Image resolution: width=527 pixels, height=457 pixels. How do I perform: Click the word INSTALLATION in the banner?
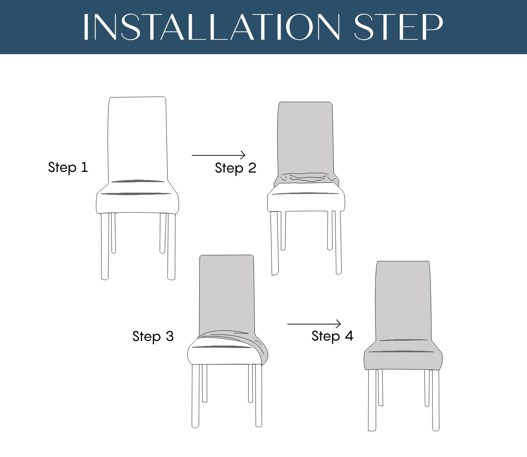(211, 27)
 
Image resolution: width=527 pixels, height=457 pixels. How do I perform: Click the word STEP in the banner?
(398, 27)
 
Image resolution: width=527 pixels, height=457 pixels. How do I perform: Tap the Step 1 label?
(68, 168)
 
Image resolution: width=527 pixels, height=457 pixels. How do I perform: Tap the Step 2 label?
(235, 168)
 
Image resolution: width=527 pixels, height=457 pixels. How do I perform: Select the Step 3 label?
(153, 336)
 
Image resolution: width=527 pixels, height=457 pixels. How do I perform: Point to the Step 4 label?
(332, 336)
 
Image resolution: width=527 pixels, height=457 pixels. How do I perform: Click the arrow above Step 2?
(219, 155)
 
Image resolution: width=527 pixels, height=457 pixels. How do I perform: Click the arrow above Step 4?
(314, 324)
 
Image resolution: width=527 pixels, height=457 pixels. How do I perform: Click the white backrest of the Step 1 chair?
(137, 139)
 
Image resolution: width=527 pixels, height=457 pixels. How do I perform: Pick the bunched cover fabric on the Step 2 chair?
(306, 179)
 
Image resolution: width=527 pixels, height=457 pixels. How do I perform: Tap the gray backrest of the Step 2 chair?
(305, 138)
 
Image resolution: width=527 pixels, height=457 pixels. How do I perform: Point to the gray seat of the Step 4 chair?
(403, 356)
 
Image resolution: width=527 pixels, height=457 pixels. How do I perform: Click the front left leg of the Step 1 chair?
(105, 246)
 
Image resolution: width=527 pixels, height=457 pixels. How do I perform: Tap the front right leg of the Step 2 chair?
(338, 243)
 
